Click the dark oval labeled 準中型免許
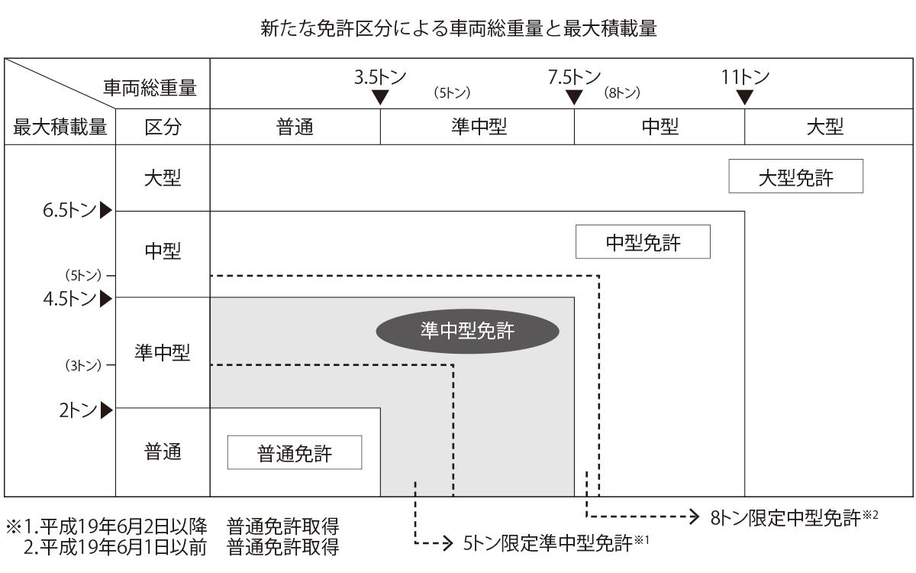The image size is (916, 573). [x=468, y=331]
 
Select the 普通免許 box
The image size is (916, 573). [x=294, y=453]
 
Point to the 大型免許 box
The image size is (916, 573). [x=795, y=176]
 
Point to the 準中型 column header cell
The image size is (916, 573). [x=478, y=126]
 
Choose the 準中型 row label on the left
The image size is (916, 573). [x=162, y=353]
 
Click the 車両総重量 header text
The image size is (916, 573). [x=150, y=90]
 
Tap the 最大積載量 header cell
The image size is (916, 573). [x=60, y=126]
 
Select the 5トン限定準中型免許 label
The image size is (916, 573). [x=548, y=544]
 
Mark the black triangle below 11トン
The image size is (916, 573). [x=746, y=97]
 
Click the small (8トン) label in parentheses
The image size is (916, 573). [x=621, y=94]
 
